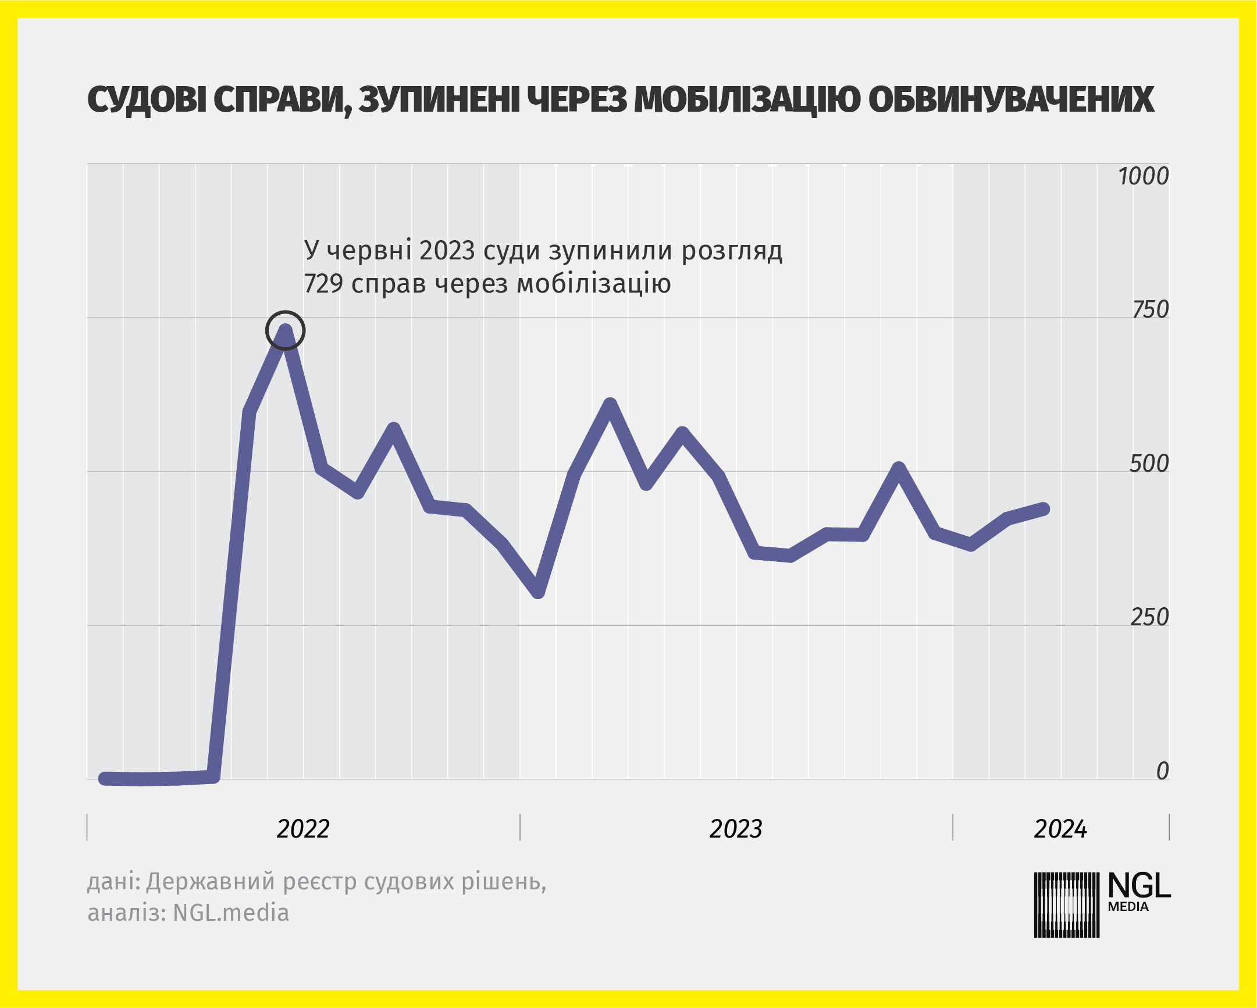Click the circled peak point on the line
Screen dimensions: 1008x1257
click(x=285, y=330)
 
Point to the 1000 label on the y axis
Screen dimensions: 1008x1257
click(x=1144, y=176)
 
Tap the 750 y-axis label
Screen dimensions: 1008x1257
click(x=1150, y=309)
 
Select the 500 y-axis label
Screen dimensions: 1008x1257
click(x=1149, y=464)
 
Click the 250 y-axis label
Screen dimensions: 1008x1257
click(x=1149, y=617)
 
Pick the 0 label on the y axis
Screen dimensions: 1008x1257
click(x=1162, y=771)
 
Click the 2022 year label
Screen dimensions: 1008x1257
click(x=302, y=829)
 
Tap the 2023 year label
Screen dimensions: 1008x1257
click(x=735, y=829)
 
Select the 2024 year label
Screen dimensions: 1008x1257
click(x=1060, y=829)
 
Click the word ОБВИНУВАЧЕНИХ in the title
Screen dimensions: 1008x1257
click(x=1011, y=100)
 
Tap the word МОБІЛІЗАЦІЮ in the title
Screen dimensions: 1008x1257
click(x=747, y=100)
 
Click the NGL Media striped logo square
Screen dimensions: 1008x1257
click(x=1066, y=905)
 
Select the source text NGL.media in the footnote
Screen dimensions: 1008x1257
click(x=231, y=913)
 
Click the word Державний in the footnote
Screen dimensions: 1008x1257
click(x=210, y=881)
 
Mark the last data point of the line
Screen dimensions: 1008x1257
click(x=1044, y=509)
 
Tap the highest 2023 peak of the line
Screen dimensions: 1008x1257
click(x=610, y=404)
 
